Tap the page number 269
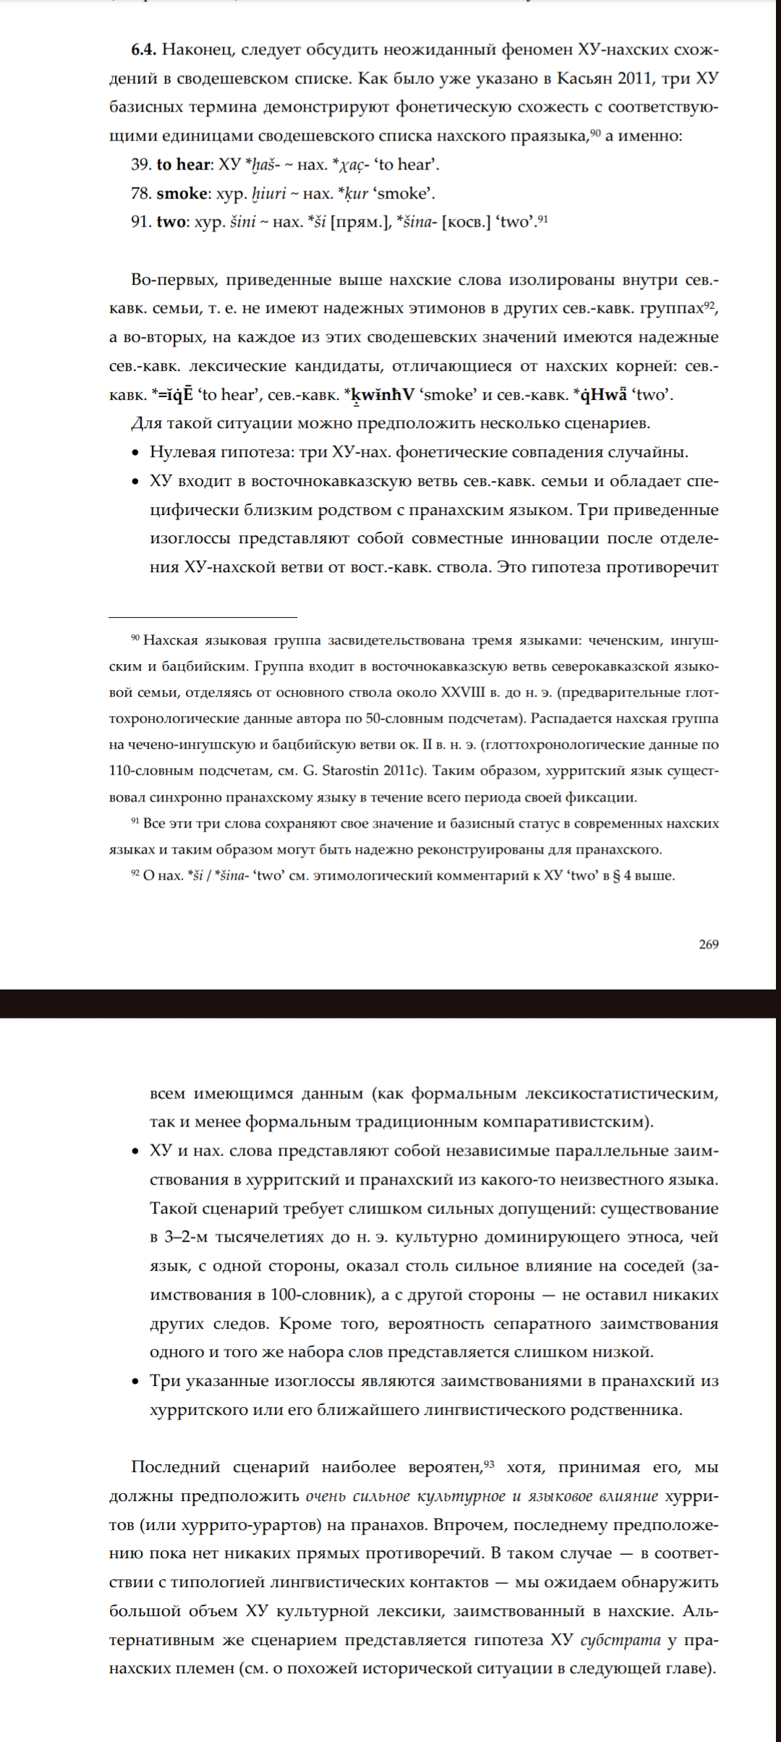click(709, 944)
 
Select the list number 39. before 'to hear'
click(141, 164)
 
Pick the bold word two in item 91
click(171, 222)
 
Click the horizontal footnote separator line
click(202, 617)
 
